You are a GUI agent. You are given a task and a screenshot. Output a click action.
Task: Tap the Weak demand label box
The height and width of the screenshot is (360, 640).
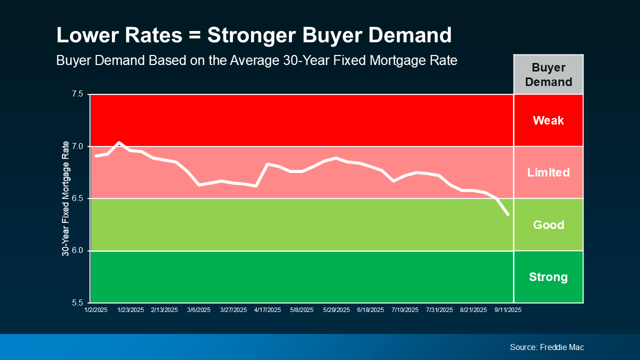pos(548,120)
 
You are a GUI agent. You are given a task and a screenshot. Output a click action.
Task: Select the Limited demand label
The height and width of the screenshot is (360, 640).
pos(548,172)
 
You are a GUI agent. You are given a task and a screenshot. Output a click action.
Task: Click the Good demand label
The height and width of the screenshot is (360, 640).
pos(548,225)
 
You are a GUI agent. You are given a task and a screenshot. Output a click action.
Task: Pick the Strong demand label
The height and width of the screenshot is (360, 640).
pos(548,277)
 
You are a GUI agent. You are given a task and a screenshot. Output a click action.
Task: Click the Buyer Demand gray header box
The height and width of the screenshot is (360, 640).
pos(548,74)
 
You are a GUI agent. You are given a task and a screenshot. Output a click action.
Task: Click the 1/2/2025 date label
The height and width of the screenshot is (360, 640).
pos(95,310)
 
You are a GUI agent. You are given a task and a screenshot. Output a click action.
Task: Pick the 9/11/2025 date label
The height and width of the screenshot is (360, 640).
pos(508,310)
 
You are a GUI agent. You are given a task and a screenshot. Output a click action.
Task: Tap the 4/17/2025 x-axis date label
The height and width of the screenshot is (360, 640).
pos(267,310)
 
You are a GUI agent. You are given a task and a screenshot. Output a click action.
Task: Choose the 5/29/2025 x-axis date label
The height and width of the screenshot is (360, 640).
pos(336,310)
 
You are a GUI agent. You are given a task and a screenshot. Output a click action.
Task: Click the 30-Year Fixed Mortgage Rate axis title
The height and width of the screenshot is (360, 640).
pos(65,198)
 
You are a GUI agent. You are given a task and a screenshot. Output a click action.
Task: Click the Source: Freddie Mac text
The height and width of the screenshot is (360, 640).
pos(546,347)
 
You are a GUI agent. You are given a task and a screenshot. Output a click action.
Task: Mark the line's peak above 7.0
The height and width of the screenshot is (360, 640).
pos(119,142)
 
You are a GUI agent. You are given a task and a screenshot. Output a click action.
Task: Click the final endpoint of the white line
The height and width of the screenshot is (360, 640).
pos(508,214)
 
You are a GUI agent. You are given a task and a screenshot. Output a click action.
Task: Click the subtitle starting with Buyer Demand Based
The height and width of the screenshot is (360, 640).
pos(256,60)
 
